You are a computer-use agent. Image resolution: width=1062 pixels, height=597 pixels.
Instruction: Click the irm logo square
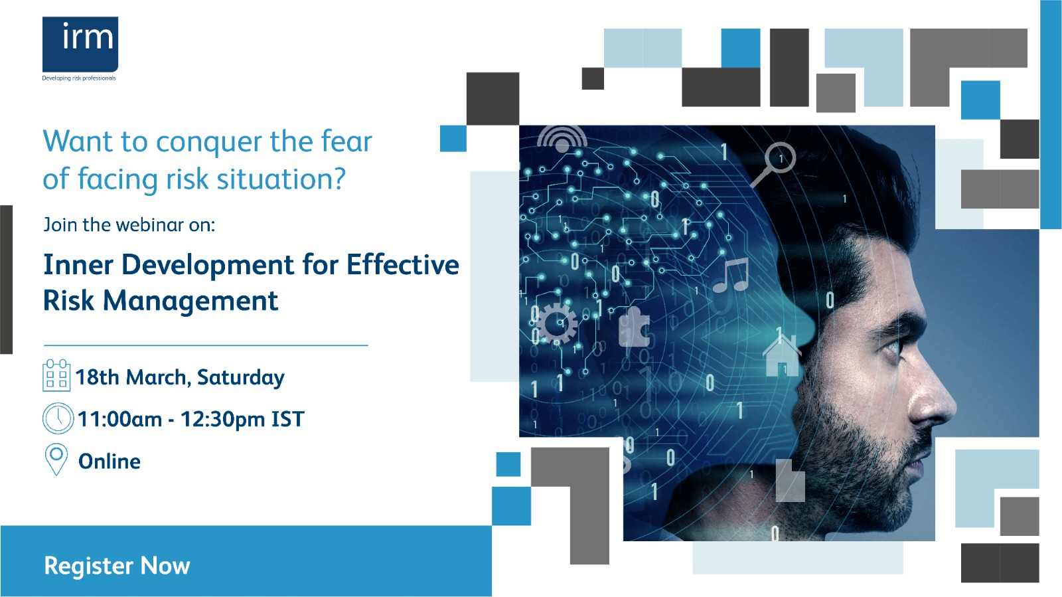pyautogui.click(x=80, y=44)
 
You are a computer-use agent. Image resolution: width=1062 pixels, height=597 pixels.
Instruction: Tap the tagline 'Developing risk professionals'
pyautogui.click(x=79, y=78)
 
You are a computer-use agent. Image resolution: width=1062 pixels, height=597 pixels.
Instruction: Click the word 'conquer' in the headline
pyautogui.click(x=208, y=142)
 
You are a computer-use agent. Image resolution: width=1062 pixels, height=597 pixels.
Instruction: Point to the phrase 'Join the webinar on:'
pyautogui.click(x=129, y=224)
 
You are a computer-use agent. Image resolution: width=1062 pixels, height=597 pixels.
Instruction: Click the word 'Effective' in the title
pyautogui.click(x=403, y=264)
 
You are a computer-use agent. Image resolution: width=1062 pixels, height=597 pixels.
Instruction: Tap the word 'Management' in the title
pyautogui.click(x=190, y=301)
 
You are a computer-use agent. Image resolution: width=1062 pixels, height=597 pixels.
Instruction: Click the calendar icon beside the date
pyautogui.click(x=56, y=375)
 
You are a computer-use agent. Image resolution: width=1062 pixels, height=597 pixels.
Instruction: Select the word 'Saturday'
pyautogui.click(x=241, y=378)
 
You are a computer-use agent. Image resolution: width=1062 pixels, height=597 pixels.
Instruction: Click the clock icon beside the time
pyautogui.click(x=58, y=418)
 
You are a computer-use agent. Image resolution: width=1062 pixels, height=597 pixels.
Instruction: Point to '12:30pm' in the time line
pyautogui.click(x=223, y=420)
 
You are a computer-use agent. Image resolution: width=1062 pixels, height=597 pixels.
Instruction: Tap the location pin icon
pyautogui.click(x=56, y=459)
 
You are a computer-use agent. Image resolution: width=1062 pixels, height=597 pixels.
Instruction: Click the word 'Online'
pyautogui.click(x=110, y=462)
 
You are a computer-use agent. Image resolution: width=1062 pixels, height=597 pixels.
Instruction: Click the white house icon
pyautogui.click(x=781, y=354)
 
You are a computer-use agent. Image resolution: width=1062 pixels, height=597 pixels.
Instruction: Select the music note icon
pyautogui.click(x=731, y=275)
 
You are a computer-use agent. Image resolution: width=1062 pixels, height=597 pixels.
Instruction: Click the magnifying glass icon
pyautogui.click(x=773, y=163)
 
